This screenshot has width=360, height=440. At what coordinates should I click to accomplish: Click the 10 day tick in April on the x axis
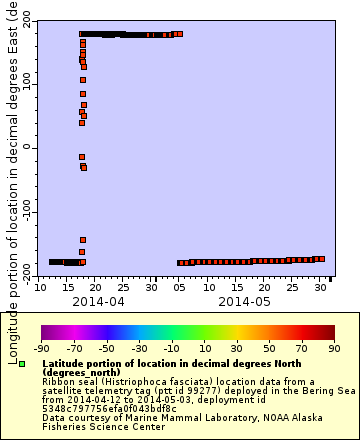pyautogui.click(x=39, y=288)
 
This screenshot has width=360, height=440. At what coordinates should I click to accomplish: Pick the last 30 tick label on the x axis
pyautogui.click(x=318, y=288)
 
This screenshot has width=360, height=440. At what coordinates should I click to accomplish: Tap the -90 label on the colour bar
pyautogui.click(x=41, y=348)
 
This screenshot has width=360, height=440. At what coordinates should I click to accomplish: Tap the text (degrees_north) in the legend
pyautogui.click(x=77, y=373)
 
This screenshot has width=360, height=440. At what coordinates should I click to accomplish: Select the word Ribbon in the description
pyautogui.click(x=59, y=382)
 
